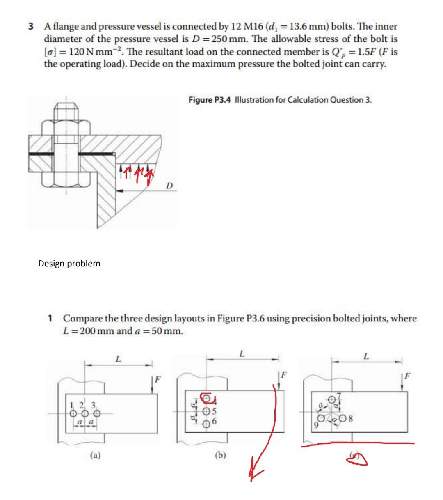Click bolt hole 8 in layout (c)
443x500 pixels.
click(x=344, y=420)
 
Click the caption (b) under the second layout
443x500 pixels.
click(x=220, y=455)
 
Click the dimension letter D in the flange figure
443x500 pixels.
click(x=169, y=186)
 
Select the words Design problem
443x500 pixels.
click(x=69, y=264)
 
